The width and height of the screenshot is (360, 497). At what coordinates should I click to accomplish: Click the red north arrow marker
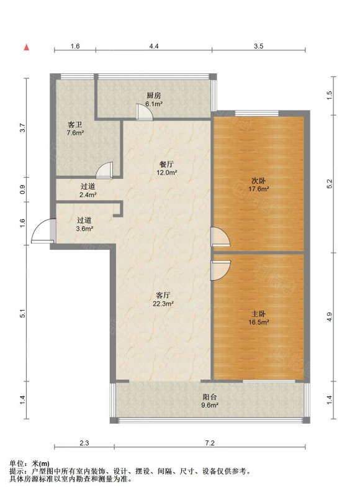tap(27, 48)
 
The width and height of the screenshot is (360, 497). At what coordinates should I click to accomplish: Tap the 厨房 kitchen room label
tap(154, 95)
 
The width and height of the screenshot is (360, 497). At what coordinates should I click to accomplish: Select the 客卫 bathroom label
tap(75, 125)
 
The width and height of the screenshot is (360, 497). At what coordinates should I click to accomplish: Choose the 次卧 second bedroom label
tap(259, 181)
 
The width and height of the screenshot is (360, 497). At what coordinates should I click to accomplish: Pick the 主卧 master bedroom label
tap(259, 314)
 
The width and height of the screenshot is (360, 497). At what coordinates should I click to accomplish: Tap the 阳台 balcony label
tap(210, 397)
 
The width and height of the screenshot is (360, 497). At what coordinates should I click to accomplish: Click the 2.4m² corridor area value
tap(88, 195)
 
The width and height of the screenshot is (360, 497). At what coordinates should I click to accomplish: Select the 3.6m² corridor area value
tap(84, 229)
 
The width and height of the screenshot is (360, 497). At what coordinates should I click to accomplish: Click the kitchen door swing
tap(145, 112)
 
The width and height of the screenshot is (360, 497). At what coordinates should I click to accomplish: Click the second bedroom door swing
tap(221, 237)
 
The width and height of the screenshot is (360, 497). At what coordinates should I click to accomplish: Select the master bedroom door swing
tap(221, 270)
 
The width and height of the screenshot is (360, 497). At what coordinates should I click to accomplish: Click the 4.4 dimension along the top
tap(154, 46)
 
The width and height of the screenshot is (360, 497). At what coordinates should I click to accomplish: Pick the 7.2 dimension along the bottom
tap(210, 443)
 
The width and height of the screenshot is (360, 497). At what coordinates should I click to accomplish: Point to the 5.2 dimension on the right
tap(330, 184)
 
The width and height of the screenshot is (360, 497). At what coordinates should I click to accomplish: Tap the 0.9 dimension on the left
tap(22, 189)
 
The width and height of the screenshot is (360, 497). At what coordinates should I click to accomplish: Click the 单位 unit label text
tap(17, 464)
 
